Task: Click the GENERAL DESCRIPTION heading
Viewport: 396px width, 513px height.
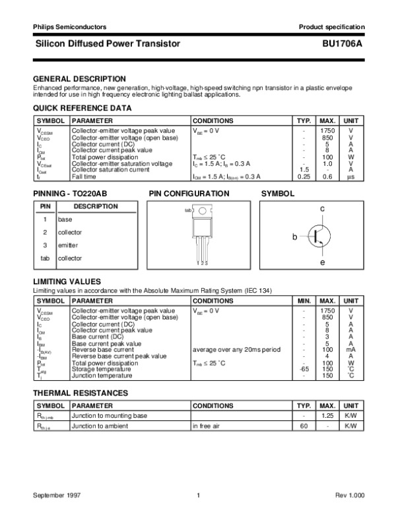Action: [x=79, y=78]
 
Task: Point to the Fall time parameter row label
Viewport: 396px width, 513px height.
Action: [x=84, y=177]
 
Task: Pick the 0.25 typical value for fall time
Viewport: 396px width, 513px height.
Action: [x=304, y=177]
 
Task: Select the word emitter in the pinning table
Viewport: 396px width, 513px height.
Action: [x=68, y=245]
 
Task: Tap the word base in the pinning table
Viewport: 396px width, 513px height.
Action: [x=65, y=219]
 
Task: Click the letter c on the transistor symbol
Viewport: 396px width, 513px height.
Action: [x=323, y=209]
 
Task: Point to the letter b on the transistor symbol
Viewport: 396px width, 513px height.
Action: [x=296, y=236]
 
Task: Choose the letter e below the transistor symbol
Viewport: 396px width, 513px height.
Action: [x=323, y=262]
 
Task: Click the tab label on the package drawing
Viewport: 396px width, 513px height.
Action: [x=187, y=210]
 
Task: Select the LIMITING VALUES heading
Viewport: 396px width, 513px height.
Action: [x=67, y=281]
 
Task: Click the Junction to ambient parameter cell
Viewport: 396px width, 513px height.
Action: [x=98, y=426]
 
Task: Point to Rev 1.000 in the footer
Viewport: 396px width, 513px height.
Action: [x=348, y=495]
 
